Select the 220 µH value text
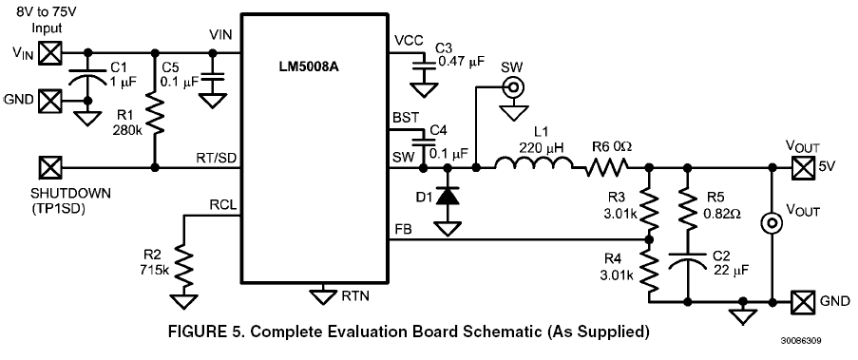click(x=546, y=148)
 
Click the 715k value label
click(x=154, y=272)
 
